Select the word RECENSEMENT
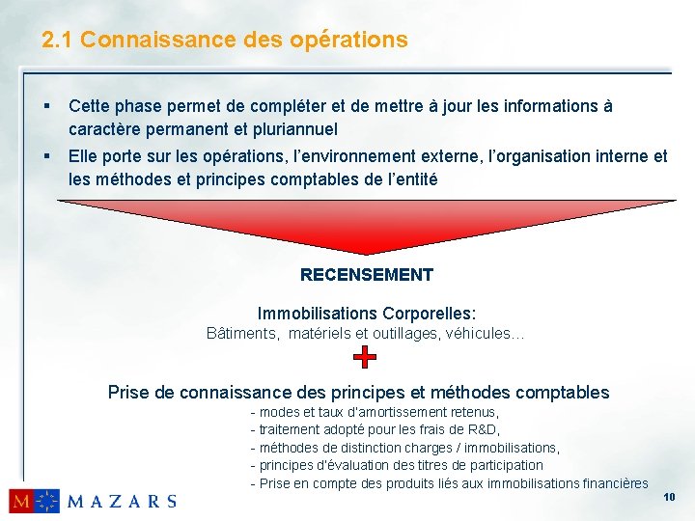coord(367,275)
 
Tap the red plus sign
coord(364,358)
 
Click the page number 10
coord(670,497)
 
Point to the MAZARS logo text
coord(123,501)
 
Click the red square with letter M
coord(21,501)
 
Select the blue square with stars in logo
coord(47,501)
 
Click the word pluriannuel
coord(291,128)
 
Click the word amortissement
coord(397,413)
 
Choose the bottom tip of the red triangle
coord(365,254)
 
